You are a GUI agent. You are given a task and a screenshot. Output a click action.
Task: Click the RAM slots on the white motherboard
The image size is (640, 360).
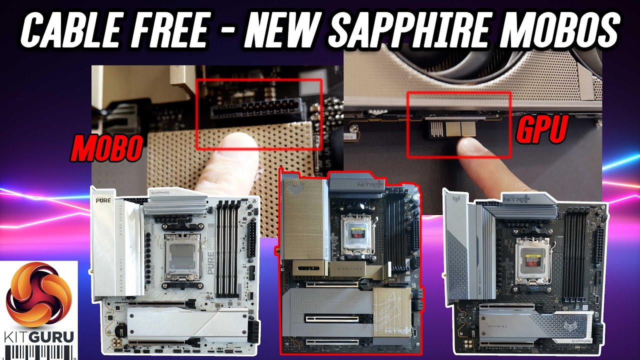click(230, 250)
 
